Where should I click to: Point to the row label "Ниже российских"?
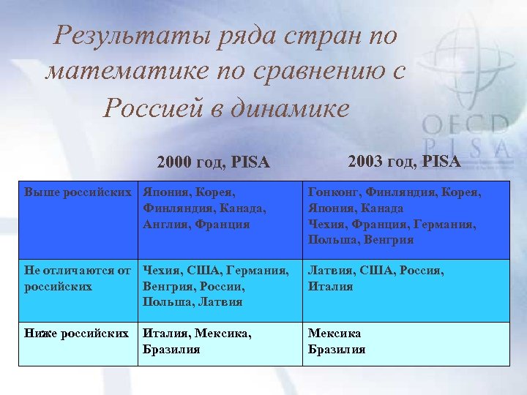tap(77, 334)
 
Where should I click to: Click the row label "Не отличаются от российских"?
tap(78, 279)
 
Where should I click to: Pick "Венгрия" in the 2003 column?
tap(389, 240)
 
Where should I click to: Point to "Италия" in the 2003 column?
tap(330, 286)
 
